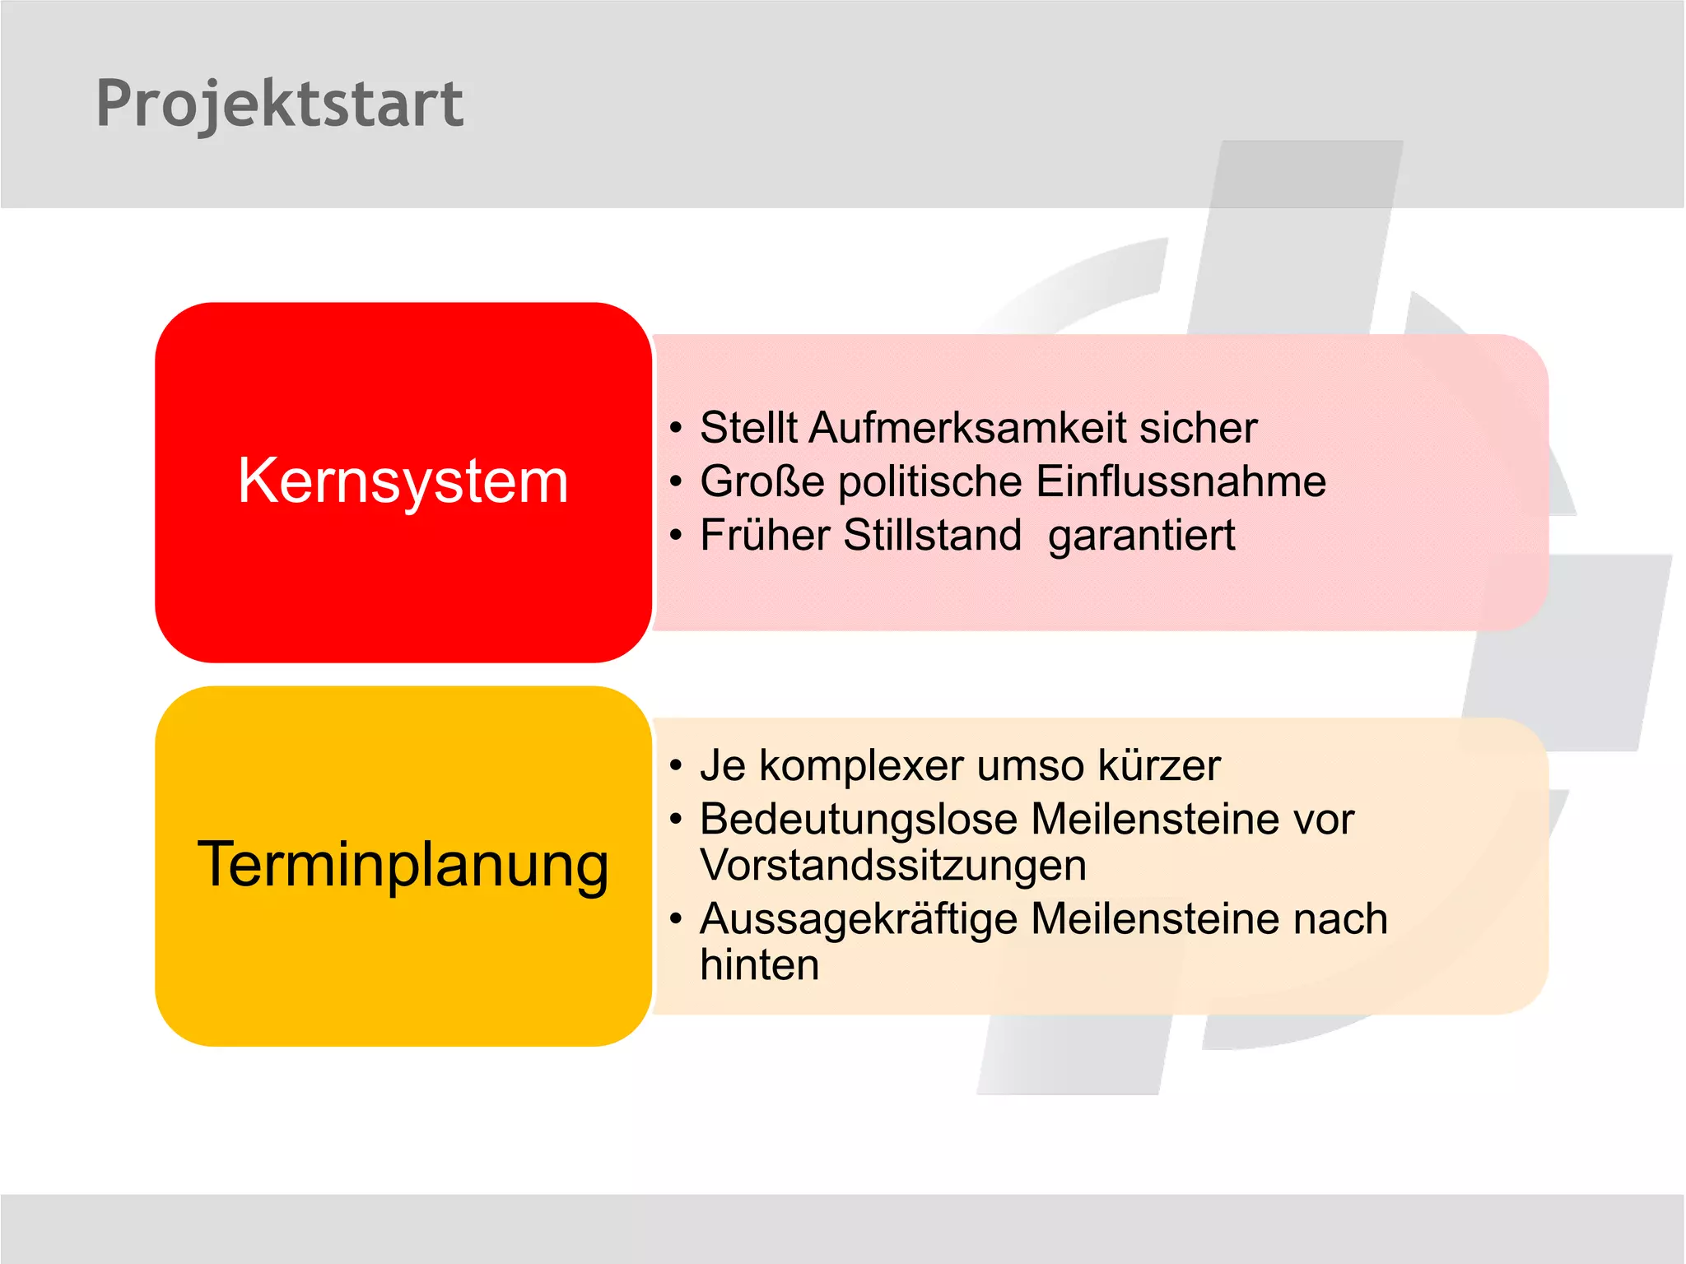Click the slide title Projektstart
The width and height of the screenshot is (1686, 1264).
pos(279,105)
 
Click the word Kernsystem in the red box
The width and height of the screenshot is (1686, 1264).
pos(403,481)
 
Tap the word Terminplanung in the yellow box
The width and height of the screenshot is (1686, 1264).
pos(403,866)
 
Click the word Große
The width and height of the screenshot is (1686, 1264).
pos(761,482)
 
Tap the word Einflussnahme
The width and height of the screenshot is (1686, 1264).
pos(1181,482)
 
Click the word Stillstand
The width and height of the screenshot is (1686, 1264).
pos(932,536)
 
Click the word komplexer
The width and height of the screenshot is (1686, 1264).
pos(860,767)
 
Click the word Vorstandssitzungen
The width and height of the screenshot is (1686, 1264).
pos(893,867)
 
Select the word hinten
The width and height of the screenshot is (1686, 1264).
pos(759,965)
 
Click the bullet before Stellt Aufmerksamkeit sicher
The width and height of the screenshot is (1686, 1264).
pos(676,429)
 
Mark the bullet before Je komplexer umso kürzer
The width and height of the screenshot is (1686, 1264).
pos(676,767)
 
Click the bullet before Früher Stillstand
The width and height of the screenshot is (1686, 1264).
pos(676,537)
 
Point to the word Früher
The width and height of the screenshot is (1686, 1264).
pos(765,536)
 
